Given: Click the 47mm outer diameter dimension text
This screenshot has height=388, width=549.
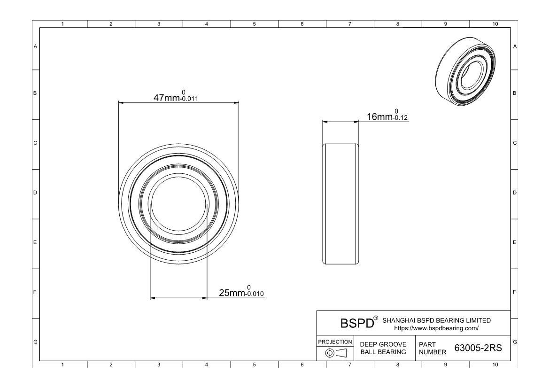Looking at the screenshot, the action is tap(167, 98).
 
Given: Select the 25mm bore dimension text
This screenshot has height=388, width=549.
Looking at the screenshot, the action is tap(232, 293).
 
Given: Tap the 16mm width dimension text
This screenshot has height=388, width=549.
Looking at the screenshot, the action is tap(379, 116).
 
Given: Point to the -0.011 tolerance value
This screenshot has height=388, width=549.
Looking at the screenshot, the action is tap(189, 99).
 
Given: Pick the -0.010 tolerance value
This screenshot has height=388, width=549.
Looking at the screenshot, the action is tap(255, 294).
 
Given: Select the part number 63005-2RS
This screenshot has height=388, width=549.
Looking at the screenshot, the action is tap(478, 348).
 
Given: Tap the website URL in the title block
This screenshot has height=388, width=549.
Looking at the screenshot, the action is tap(436, 328).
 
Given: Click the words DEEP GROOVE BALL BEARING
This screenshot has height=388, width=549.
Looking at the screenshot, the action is tap(383, 348).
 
